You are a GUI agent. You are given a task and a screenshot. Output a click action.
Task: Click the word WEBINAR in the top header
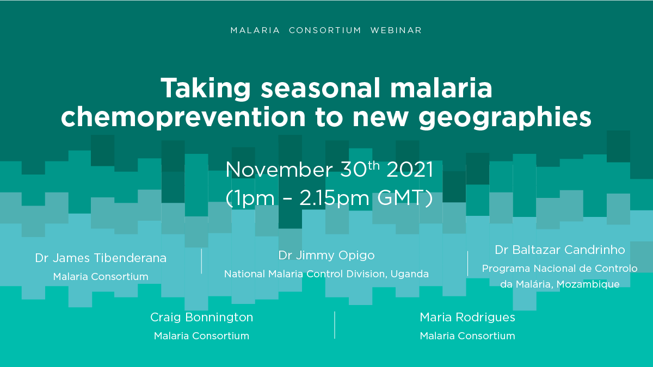[x=396, y=30]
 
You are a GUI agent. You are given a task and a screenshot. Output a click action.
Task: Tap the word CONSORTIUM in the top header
[x=325, y=30]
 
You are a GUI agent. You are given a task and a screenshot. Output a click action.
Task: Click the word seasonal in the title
[x=321, y=88]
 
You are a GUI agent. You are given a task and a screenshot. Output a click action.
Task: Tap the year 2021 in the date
[x=410, y=170]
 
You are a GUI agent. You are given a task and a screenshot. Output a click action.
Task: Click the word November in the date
[x=279, y=170]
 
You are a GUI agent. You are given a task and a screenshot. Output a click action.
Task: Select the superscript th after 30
[x=374, y=165]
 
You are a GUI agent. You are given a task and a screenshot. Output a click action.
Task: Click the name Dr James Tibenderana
[x=101, y=258]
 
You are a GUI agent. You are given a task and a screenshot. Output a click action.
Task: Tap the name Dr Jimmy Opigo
[x=326, y=256]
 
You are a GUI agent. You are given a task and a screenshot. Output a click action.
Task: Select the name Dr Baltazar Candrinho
[x=560, y=250]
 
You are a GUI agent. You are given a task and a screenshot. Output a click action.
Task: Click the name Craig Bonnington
[x=201, y=318]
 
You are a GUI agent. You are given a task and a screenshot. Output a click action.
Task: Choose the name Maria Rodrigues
[x=467, y=318]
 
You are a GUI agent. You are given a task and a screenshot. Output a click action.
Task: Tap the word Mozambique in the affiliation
[x=588, y=284]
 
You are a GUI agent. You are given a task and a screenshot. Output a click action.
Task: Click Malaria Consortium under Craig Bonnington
[x=201, y=336]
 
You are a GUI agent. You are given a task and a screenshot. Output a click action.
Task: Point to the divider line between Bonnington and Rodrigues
[x=335, y=325]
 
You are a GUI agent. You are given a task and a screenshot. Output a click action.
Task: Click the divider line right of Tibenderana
[x=201, y=262]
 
